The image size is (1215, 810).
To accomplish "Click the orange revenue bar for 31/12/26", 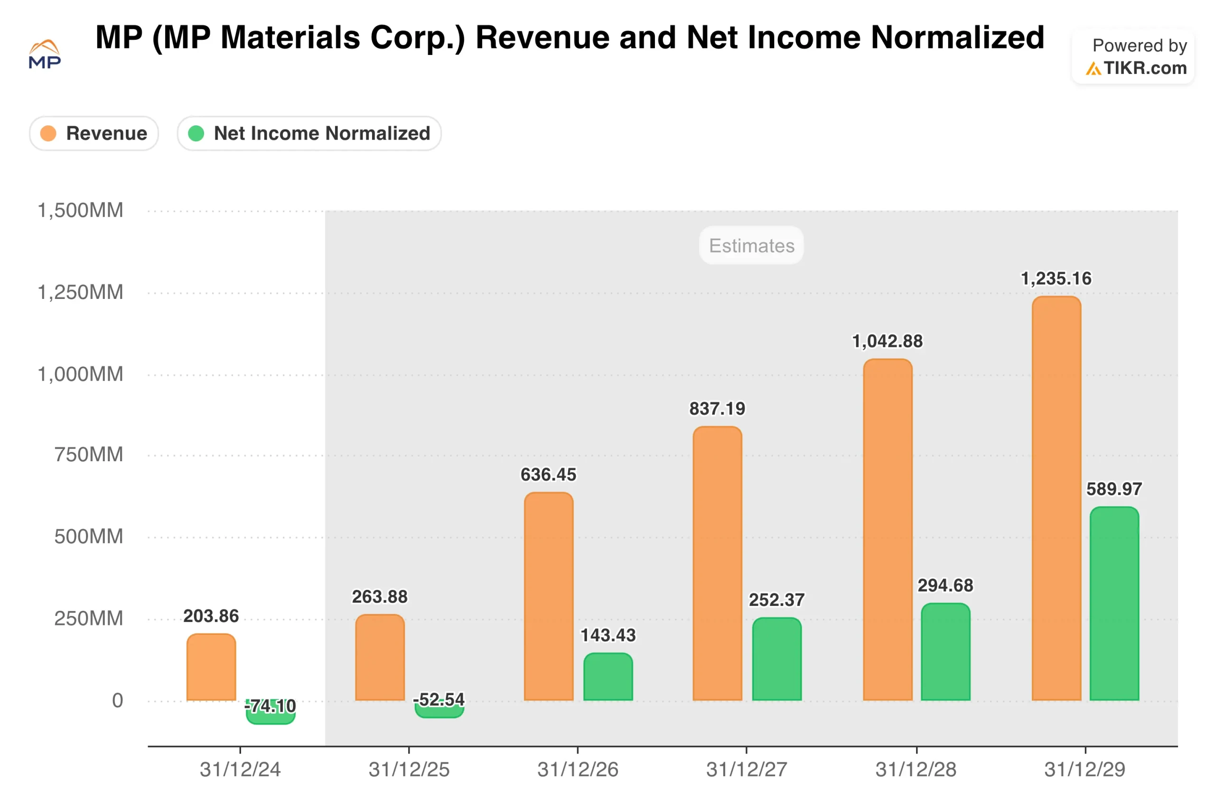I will click(549, 596).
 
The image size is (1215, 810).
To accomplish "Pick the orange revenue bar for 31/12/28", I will click(888, 530).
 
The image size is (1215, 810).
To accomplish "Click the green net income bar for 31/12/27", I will click(776, 659).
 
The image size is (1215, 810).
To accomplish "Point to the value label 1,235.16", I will click(1056, 279).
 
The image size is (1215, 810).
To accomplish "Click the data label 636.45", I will click(548, 475).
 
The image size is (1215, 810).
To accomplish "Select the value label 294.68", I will click(945, 585).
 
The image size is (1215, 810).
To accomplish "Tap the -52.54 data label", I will click(439, 699).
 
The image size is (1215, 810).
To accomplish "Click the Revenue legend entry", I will click(94, 133).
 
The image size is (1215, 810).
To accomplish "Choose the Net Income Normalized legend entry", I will click(309, 133).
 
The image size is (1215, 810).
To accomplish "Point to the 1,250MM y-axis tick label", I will click(81, 292).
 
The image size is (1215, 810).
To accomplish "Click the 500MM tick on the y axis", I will click(88, 537).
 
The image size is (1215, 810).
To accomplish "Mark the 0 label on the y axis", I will click(117, 700).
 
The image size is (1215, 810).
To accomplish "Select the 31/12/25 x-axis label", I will click(409, 770).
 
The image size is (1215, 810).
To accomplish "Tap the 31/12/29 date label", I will click(1085, 770).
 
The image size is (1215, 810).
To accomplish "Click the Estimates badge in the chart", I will click(751, 245).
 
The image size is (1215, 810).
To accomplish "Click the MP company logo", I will click(45, 54).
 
